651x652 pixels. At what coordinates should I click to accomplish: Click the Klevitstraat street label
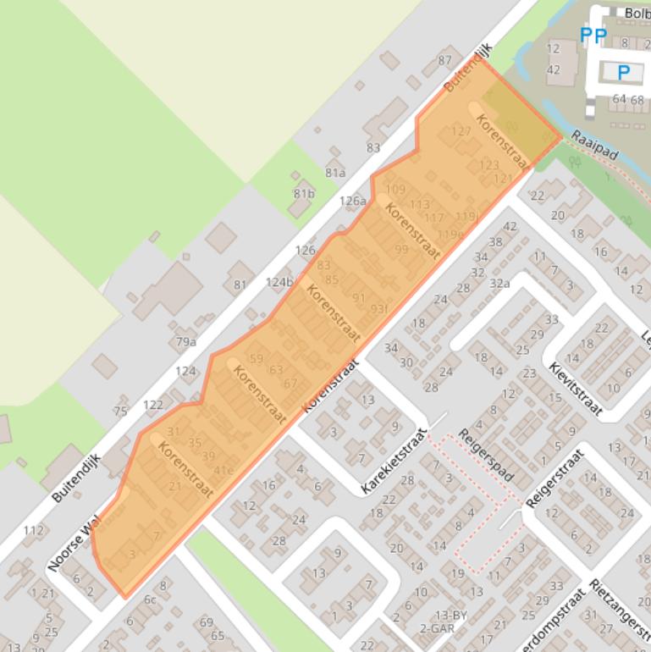(x=576, y=390)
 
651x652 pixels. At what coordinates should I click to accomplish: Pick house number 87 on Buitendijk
(x=445, y=60)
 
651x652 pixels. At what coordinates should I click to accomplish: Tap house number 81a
(x=335, y=173)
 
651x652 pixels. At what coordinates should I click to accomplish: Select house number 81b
(x=304, y=193)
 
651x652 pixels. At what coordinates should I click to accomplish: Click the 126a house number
(x=353, y=201)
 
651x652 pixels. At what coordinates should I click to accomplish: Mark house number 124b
(x=279, y=282)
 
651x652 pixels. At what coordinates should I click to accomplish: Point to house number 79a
(x=186, y=342)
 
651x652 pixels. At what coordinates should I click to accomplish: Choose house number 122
(x=153, y=405)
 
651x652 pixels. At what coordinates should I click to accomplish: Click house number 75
(x=120, y=411)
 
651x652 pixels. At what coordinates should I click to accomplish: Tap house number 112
(x=34, y=531)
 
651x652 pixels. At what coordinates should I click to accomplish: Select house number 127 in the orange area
(x=461, y=131)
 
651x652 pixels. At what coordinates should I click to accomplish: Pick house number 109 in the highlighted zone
(x=395, y=189)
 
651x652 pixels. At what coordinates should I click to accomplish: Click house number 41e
(x=223, y=471)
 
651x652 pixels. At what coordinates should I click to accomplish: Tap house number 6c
(x=150, y=600)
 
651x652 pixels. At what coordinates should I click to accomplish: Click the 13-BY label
(x=451, y=614)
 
